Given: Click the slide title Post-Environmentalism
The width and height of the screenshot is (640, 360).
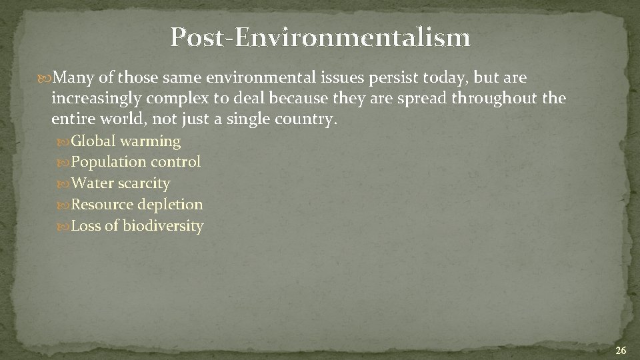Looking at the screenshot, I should [320, 38].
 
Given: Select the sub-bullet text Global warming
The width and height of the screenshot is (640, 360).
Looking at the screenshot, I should [126, 141].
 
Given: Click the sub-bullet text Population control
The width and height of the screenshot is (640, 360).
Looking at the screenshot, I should [136, 162].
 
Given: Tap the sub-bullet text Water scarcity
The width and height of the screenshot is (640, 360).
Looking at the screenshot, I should [121, 183].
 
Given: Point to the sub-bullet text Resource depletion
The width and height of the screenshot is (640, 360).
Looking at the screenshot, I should [137, 205].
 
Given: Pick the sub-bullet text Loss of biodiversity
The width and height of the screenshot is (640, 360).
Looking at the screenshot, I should [137, 226].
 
